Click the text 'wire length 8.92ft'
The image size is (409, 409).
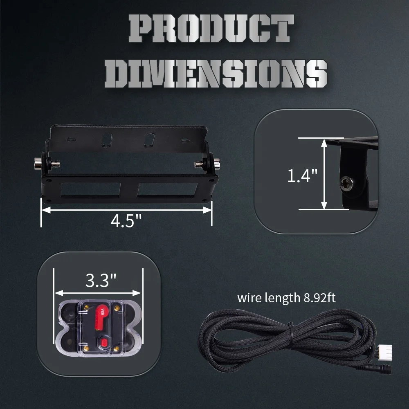286,297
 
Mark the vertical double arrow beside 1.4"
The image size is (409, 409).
324,173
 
